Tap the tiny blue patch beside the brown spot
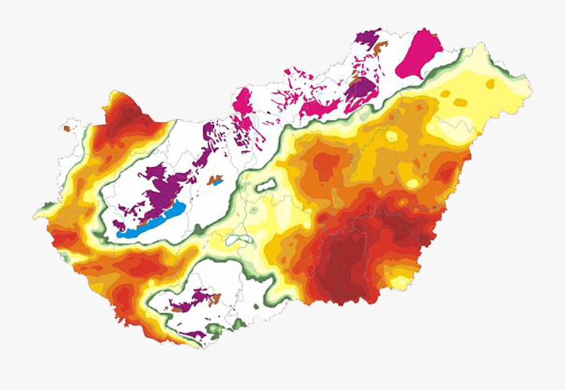coord(220,183)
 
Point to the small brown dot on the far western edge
coord(67,128)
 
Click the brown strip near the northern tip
coord(379,46)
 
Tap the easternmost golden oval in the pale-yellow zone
coord(490,84)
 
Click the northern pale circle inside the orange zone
coord(392,136)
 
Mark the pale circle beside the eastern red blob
coord(412,183)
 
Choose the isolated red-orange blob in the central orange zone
coord(324,165)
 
